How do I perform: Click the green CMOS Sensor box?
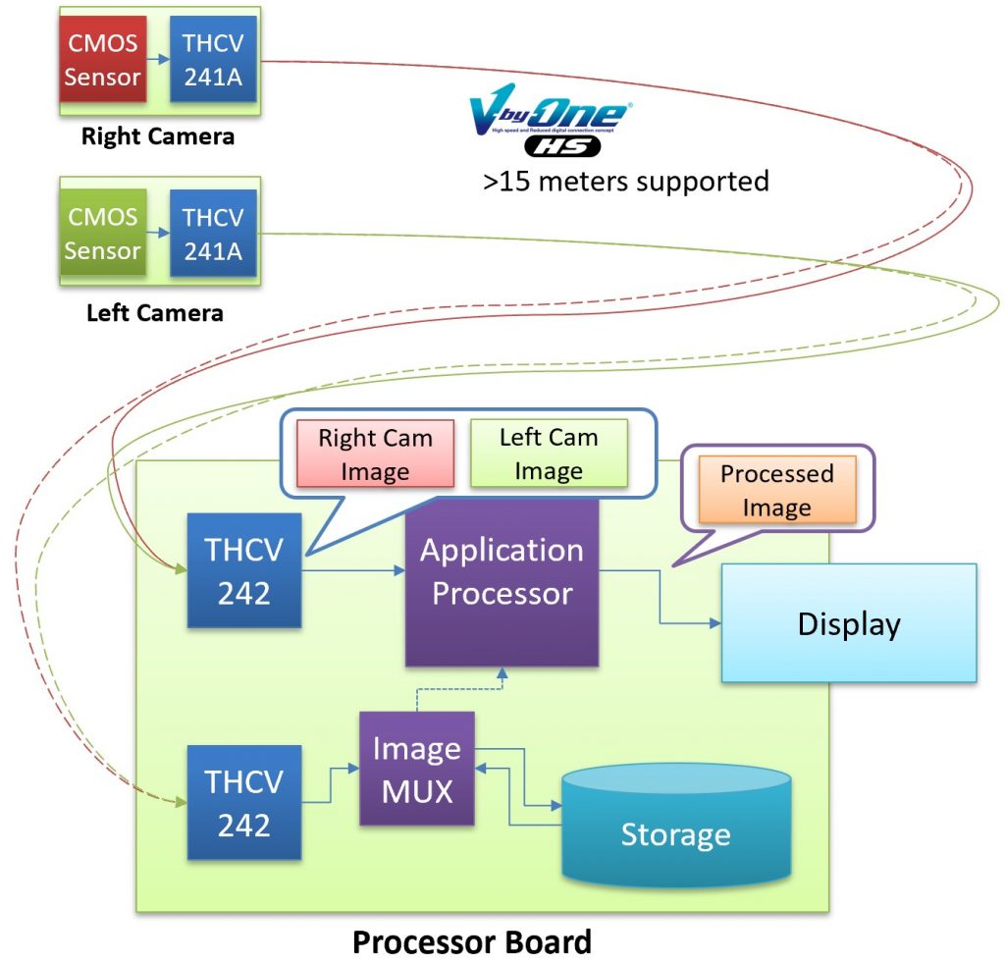pyautogui.click(x=103, y=232)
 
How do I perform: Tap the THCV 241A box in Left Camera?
pyautogui.click(x=213, y=232)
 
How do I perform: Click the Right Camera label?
pyautogui.click(x=157, y=136)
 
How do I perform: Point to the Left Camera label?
pyautogui.click(x=154, y=313)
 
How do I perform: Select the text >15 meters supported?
pyautogui.click(x=625, y=182)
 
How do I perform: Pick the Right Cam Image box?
pyautogui.click(x=375, y=454)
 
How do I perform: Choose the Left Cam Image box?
pyautogui.click(x=549, y=454)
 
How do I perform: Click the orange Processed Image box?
pyautogui.click(x=776, y=490)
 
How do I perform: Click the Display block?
pyautogui.click(x=849, y=623)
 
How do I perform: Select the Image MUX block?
pyautogui.click(x=417, y=768)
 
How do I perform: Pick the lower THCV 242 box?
pyautogui.click(x=243, y=802)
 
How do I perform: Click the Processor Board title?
pyautogui.click(x=472, y=942)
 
